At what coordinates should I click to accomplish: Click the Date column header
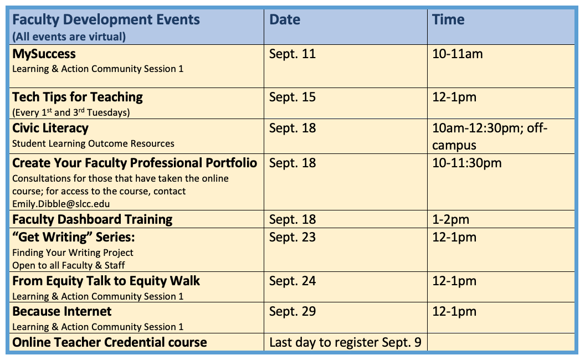pyautogui.click(x=285, y=20)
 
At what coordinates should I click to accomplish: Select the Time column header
pyautogui.click(x=448, y=20)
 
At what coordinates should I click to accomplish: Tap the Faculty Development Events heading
pyautogui.click(x=106, y=20)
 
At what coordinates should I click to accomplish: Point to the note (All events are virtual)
pyautogui.click(x=69, y=37)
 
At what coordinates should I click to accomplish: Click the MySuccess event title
pyautogui.click(x=44, y=54)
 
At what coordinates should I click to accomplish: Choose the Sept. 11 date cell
pyautogui.click(x=292, y=54)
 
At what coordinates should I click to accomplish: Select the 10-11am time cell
pyautogui.click(x=458, y=54)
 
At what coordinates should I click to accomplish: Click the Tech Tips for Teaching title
pyautogui.click(x=78, y=97)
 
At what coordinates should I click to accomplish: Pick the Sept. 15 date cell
pyautogui.click(x=292, y=97)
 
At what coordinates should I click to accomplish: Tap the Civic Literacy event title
pyautogui.click(x=50, y=128)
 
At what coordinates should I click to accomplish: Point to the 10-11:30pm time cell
pyautogui.click(x=466, y=163)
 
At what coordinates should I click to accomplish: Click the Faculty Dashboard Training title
pyautogui.click(x=92, y=219)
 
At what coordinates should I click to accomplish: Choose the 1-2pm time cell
pyautogui.click(x=450, y=219)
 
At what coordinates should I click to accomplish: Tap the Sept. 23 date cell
pyautogui.click(x=292, y=237)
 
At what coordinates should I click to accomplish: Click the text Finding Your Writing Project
pyautogui.click(x=73, y=253)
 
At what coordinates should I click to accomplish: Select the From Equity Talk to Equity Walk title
pyautogui.click(x=106, y=281)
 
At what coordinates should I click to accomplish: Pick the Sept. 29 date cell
pyautogui.click(x=292, y=311)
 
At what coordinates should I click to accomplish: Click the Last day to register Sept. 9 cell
pyautogui.click(x=345, y=342)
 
